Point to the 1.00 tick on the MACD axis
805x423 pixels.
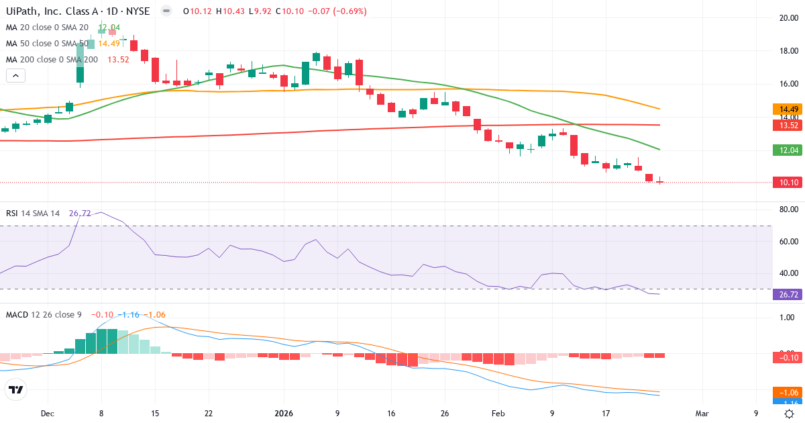(786, 318)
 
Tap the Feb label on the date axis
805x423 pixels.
(497, 414)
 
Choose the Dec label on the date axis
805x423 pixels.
(46, 414)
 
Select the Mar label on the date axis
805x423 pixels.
(702, 414)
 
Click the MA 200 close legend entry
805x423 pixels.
(52, 59)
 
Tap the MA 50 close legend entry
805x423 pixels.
(47, 43)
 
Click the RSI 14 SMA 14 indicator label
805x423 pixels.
(33, 213)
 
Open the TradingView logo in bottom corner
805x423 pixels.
(15, 389)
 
